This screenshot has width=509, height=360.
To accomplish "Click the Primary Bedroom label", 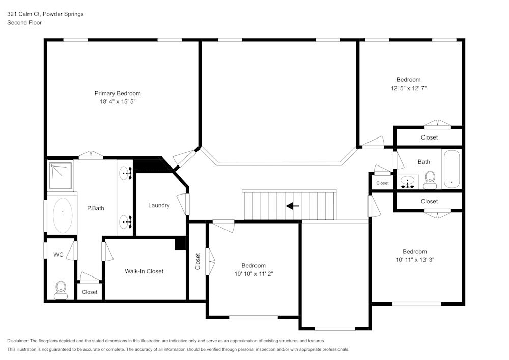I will click(x=118, y=93).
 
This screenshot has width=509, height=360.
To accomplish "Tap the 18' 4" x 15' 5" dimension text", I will click(x=118, y=102).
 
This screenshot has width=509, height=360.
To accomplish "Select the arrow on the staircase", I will click(x=292, y=206).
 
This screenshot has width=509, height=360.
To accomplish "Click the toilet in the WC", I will click(x=61, y=290).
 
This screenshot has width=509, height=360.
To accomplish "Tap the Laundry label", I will click(x=159, y=205).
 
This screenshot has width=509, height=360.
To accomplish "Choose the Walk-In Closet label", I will click(x=144, y=271).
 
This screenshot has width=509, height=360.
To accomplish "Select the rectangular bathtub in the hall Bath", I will click(x=451, y=169).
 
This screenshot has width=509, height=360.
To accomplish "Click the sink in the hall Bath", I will click(x=408, y=182).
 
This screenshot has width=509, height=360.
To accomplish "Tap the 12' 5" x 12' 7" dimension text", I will click(x=408, y=88).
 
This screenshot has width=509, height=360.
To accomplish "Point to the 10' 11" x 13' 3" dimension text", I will click(x=414, y=260).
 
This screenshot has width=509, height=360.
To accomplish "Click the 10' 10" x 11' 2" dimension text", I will click(x=253, y=274).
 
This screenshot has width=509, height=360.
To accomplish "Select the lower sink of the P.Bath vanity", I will click(x=125, y=221).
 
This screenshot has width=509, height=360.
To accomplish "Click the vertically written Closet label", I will click(x=198, y=262).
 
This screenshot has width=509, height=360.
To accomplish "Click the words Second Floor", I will click(x=24, y=23).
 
